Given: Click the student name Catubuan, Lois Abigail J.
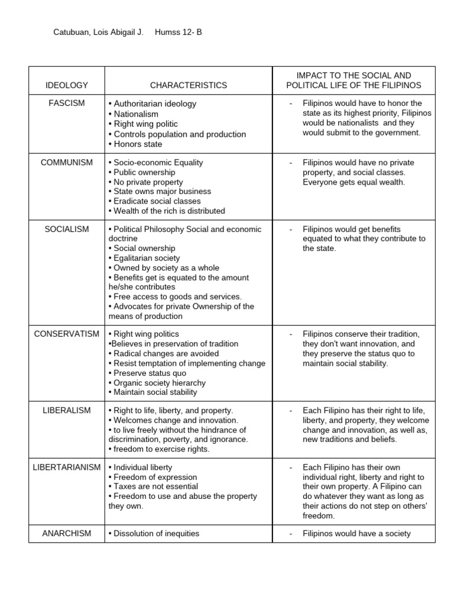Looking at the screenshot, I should pos(99,33).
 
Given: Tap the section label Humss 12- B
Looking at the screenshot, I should pos(179,33).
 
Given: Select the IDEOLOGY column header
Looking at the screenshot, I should pos(67,85).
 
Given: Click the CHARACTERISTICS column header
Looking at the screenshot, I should pos(189,85).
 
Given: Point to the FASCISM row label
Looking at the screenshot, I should pos(67,103).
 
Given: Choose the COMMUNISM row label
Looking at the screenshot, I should pos(67,163).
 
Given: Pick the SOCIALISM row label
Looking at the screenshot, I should pos(67,229).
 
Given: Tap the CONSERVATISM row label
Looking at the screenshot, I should pos(67,334).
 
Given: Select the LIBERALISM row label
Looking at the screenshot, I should pos(67,410).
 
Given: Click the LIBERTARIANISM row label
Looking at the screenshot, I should pos(67,468).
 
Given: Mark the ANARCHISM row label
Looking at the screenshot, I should pos(67,533).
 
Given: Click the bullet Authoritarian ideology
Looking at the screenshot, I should pos(153,104).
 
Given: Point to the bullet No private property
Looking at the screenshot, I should pos(146,182).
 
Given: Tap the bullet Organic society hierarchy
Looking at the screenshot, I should pos(153,382).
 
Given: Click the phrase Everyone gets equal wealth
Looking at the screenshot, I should pos(354,182).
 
